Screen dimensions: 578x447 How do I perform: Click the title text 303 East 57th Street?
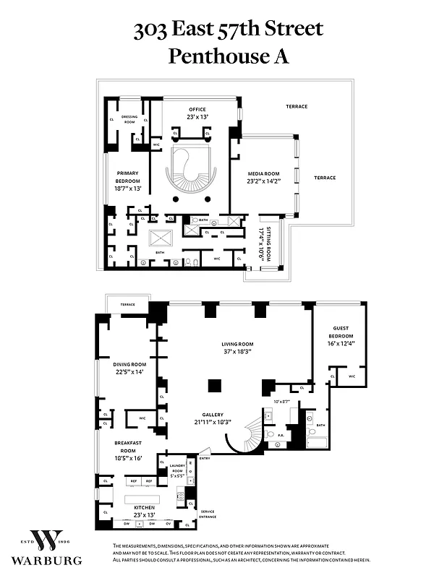(228, 30)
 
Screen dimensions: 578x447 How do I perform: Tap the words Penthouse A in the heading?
(228, 56)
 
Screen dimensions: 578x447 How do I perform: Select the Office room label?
(197, 109)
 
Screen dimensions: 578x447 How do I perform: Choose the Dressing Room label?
(129, 118)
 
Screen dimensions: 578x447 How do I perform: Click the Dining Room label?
(129, 365)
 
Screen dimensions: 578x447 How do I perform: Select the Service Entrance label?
(208, 514)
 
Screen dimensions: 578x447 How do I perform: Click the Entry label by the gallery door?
(205, 458)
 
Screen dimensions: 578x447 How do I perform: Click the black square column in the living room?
(215, 385)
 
